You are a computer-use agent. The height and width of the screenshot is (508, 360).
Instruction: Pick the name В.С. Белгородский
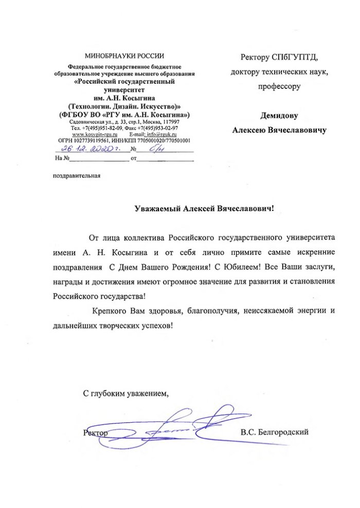click(x=274, y=432)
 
